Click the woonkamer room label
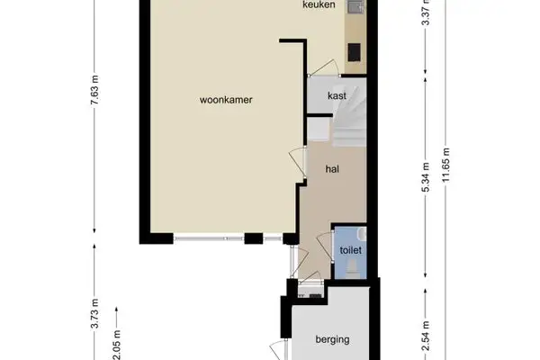click(x=226, y=101)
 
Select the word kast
click(x=337, y=95)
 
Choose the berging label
click(x=332, y=339)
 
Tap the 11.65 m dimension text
click(x=445, y=164)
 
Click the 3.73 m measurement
click(x=94, y=318)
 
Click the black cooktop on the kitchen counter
click(x=355, y=50)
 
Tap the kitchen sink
click(x=355, y=8)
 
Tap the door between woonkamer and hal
click(x=296, y=166)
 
